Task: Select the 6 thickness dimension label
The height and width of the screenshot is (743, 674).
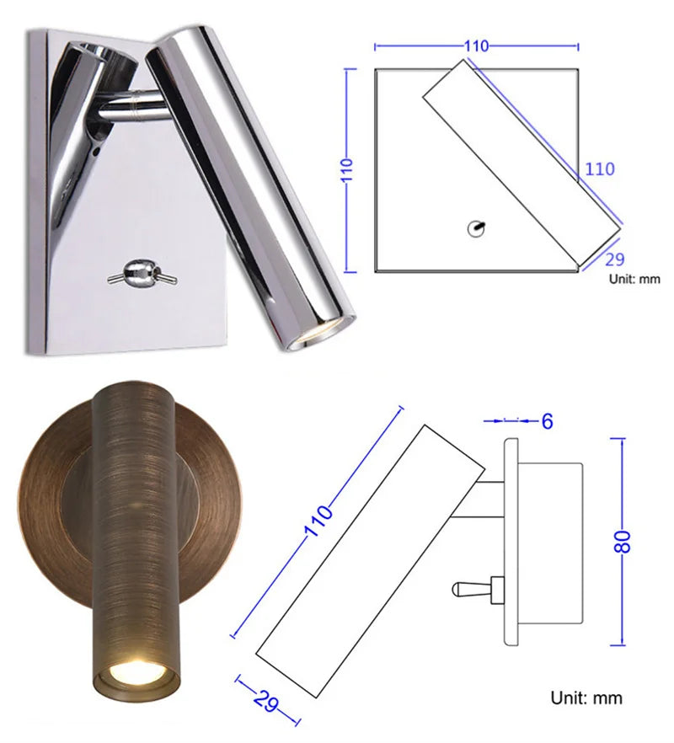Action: pyautogui.click(x=547, y=420)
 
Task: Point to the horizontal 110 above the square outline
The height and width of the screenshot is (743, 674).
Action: pyautogui.click(x=476, y=46)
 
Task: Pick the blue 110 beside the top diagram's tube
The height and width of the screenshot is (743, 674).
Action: pyautogui.click(x=599, y=169)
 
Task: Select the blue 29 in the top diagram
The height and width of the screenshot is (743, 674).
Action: pyautogui.click(x=615, y=259)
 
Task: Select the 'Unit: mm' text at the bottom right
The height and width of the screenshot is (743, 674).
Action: pyautogui.click(x=586, y=698)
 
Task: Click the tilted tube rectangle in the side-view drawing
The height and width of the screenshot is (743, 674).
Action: pyautogui.click(x=368, y=561)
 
